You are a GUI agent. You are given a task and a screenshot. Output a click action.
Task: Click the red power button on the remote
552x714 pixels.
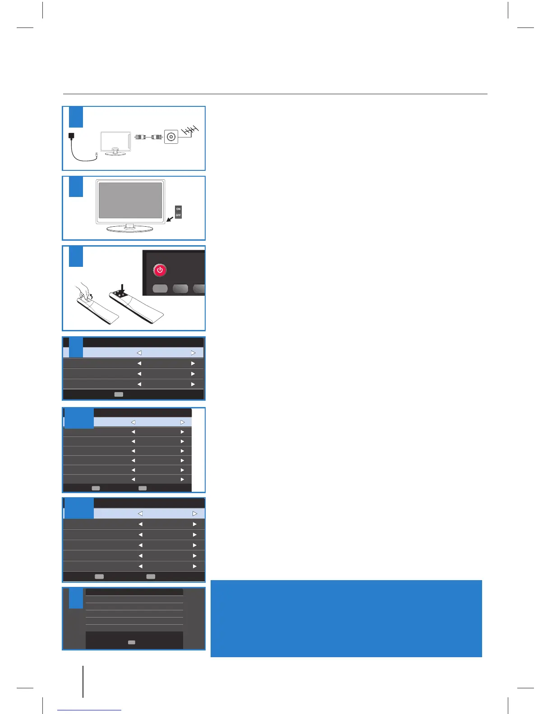(x=160, y=270)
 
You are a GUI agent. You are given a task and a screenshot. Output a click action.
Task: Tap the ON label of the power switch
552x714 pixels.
(x=178, y=209)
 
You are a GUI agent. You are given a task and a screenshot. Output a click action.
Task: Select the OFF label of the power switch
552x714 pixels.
(x=178, y=215)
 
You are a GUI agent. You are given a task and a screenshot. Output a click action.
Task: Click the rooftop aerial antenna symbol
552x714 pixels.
(x=189, y=131)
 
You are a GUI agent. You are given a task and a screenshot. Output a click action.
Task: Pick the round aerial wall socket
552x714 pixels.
(x=171, y=137)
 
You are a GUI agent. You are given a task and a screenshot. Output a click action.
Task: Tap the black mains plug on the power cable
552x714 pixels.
(x=71, y=136)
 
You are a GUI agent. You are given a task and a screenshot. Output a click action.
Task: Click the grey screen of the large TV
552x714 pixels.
(x=130, y=200)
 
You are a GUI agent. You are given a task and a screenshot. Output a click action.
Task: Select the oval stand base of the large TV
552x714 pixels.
(x=130, y=229)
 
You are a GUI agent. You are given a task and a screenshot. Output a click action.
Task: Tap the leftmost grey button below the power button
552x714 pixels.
(x=160, y=288)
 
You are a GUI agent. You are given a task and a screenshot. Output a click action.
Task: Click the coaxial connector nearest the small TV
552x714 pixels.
(x=140, y=137)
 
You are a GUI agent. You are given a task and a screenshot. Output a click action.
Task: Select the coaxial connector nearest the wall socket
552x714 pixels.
(x=157, y=137)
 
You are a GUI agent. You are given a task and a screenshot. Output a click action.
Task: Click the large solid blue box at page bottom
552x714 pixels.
(x=346, y=618)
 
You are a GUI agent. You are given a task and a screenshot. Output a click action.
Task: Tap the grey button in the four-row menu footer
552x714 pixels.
(x=118, y=394)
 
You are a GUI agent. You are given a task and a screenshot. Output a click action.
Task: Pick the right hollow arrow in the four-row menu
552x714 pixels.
(x=193, y=353)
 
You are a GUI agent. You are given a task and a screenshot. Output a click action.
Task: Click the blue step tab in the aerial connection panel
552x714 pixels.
(x=76, y=117)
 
